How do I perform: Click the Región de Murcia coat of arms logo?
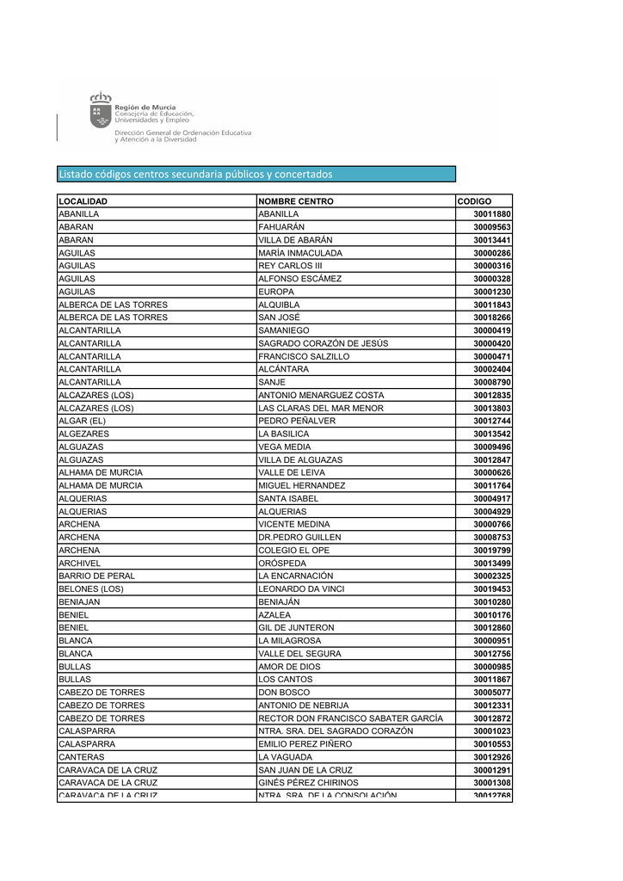tap(101, 112)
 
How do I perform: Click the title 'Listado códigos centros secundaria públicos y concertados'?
tap(195, 175)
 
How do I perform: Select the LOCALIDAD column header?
tap(83, 201)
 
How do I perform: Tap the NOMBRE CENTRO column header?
tap(296, 201)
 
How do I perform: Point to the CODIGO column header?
tap(474, 201)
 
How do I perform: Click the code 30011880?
tap(491, 214)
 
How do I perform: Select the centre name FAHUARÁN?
tap(281, 227)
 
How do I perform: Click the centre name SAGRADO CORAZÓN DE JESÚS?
tap(323, 343)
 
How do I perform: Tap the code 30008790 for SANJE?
tap(491, 382)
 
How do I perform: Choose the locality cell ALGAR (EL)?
tap(83, 421)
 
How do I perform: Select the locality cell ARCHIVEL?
tap(79, 563)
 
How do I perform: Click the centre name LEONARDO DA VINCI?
tap(301, 588)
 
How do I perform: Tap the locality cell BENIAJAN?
tap(79, 602)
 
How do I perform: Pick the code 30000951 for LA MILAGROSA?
tap(491, 641)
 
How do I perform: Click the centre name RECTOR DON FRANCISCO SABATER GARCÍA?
tap(350, 718)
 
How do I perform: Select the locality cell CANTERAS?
tap(81, 757)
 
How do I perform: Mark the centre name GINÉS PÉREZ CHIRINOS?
tap(308, 783)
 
